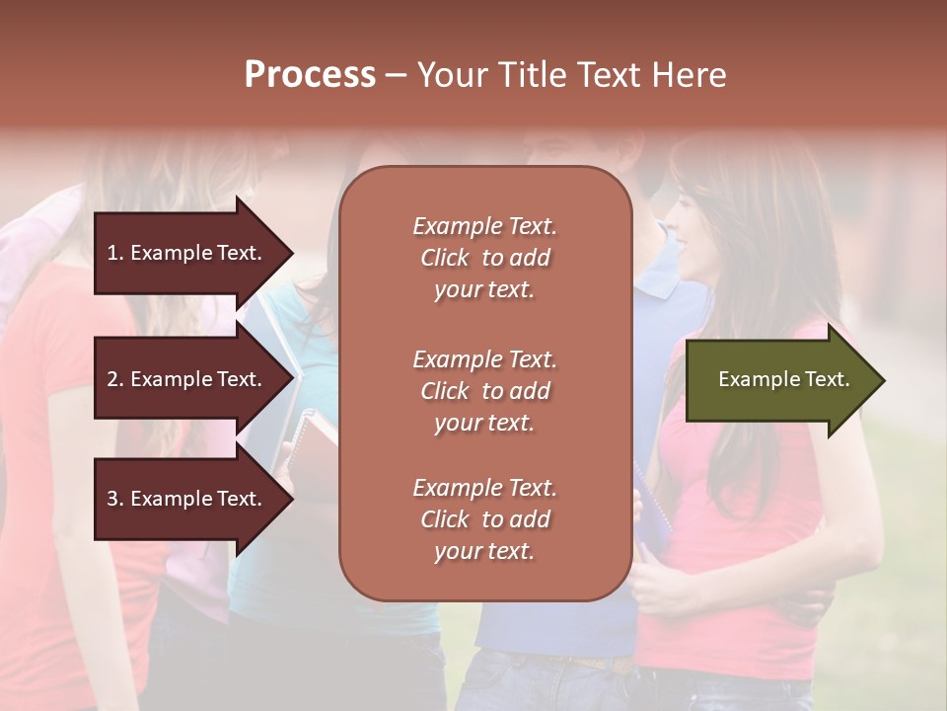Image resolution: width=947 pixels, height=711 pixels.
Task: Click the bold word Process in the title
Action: [x=310, y=75]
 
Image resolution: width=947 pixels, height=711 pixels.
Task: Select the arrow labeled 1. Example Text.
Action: [x=187, y=253]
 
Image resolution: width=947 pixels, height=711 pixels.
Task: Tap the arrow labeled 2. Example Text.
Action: [x=187, y=379]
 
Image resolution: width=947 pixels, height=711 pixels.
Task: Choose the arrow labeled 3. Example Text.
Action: [x=187, y=499]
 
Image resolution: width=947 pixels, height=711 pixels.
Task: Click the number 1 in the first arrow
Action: [x=111, y=253]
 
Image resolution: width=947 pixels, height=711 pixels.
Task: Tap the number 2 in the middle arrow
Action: [x=112, y=379]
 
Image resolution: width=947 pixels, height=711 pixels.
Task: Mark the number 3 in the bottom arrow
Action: [x=112, y=499]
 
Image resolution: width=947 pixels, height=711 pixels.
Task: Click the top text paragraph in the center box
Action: [x=484, y=258]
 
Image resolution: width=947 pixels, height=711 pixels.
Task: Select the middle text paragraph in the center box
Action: [x=484, y=391]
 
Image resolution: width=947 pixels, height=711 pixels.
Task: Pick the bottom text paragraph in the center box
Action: [x=484, y=519]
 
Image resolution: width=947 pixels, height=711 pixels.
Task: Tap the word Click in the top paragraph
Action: [x=445, y=258]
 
